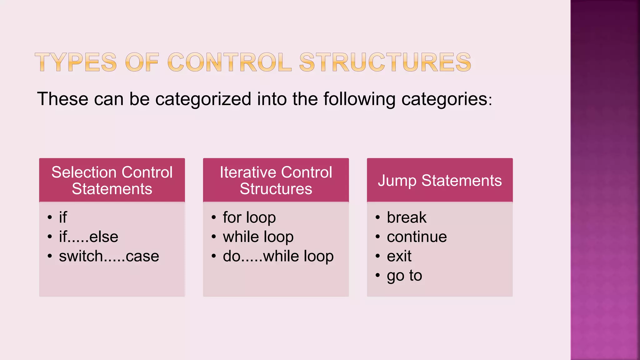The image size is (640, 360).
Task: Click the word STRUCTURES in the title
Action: click(x=385, y=62)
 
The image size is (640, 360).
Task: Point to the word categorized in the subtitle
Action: click(x=203, y=99)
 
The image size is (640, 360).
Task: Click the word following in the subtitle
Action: click(x=359, y=99)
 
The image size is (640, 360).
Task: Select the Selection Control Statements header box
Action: click(x=112, y=180)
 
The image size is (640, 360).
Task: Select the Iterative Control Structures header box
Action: click(x=276, y=180)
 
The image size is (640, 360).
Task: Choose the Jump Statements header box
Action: click(x=440, y=180)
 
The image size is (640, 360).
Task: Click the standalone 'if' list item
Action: click(x=63, y=217)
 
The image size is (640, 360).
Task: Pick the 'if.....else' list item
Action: click(x=88, y=237)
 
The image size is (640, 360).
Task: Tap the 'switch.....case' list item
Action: click(x=109, y=256)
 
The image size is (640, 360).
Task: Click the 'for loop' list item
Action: click(x=249, y=217)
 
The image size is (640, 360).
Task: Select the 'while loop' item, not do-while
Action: click(x=258, y=237)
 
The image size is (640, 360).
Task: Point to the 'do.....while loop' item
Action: click(x=278, y=256)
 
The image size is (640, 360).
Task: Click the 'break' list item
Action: click(x=406, y=217)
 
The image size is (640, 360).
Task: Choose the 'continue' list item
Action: click(x=417, y=237)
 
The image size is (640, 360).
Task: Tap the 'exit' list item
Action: click(x=399, y=256)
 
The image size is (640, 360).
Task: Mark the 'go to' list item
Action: click(x=404, y=276)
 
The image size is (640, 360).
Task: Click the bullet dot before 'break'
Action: click(x=378, y=217)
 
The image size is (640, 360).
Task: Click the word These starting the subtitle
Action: click(x=63, y=99)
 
